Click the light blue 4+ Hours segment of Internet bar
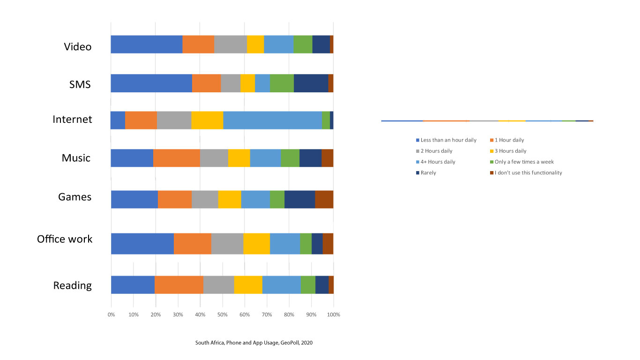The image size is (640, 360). [x=273, y=120]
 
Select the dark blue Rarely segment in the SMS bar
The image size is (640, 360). [x=311, y=83]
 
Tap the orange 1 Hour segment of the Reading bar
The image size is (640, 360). [x=179, y=285]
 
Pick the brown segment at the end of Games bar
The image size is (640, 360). [x=324, y=199]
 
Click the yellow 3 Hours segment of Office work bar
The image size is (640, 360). [x=256, y=243]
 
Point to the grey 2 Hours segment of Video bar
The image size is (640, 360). [x=231, y=44]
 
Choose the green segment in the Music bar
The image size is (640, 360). [x=290, y=158]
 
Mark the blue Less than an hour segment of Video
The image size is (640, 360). [x=147, y=44]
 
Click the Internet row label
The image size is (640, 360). [x=72, y=120]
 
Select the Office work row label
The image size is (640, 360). [x=65, y=239]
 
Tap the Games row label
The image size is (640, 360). [x=75, y=197]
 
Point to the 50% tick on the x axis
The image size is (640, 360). [x=222, y=315]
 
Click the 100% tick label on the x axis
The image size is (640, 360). [x=334, y=315]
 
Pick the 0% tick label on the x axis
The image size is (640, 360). [x=111, y=315]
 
